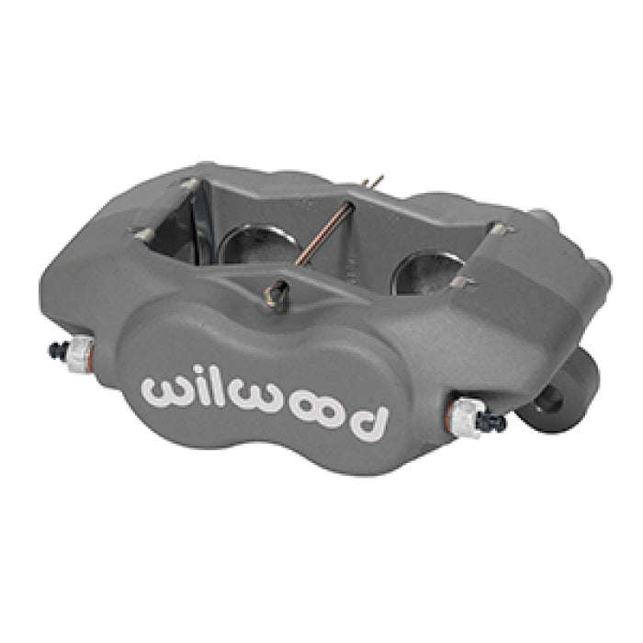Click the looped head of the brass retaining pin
(272, 296)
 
